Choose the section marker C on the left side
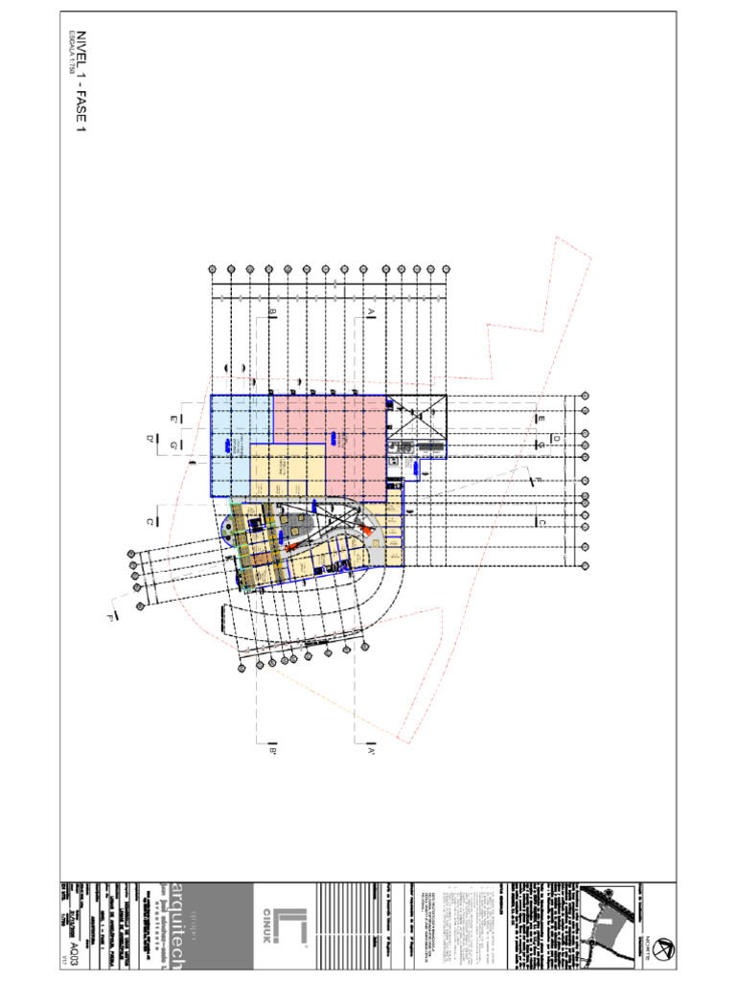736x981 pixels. [x=150, y=521]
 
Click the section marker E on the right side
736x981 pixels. [x=541, y=420]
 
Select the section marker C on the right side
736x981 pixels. [x=541, y=522]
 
